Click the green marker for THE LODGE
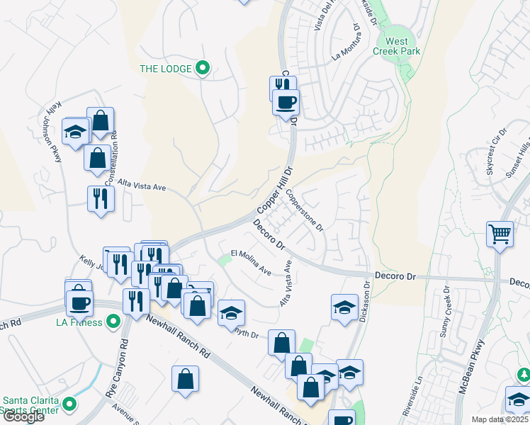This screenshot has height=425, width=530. point(203,69)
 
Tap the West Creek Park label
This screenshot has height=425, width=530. point(397,46)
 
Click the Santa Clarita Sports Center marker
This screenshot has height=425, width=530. point(69,404)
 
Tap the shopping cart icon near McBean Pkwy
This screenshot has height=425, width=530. point(500,233)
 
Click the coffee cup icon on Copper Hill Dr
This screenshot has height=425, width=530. point(286,102)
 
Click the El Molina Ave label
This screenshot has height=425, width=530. point(251,262)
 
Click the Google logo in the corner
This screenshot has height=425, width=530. point(23,416)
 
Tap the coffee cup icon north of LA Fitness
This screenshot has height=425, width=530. point(79,302)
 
